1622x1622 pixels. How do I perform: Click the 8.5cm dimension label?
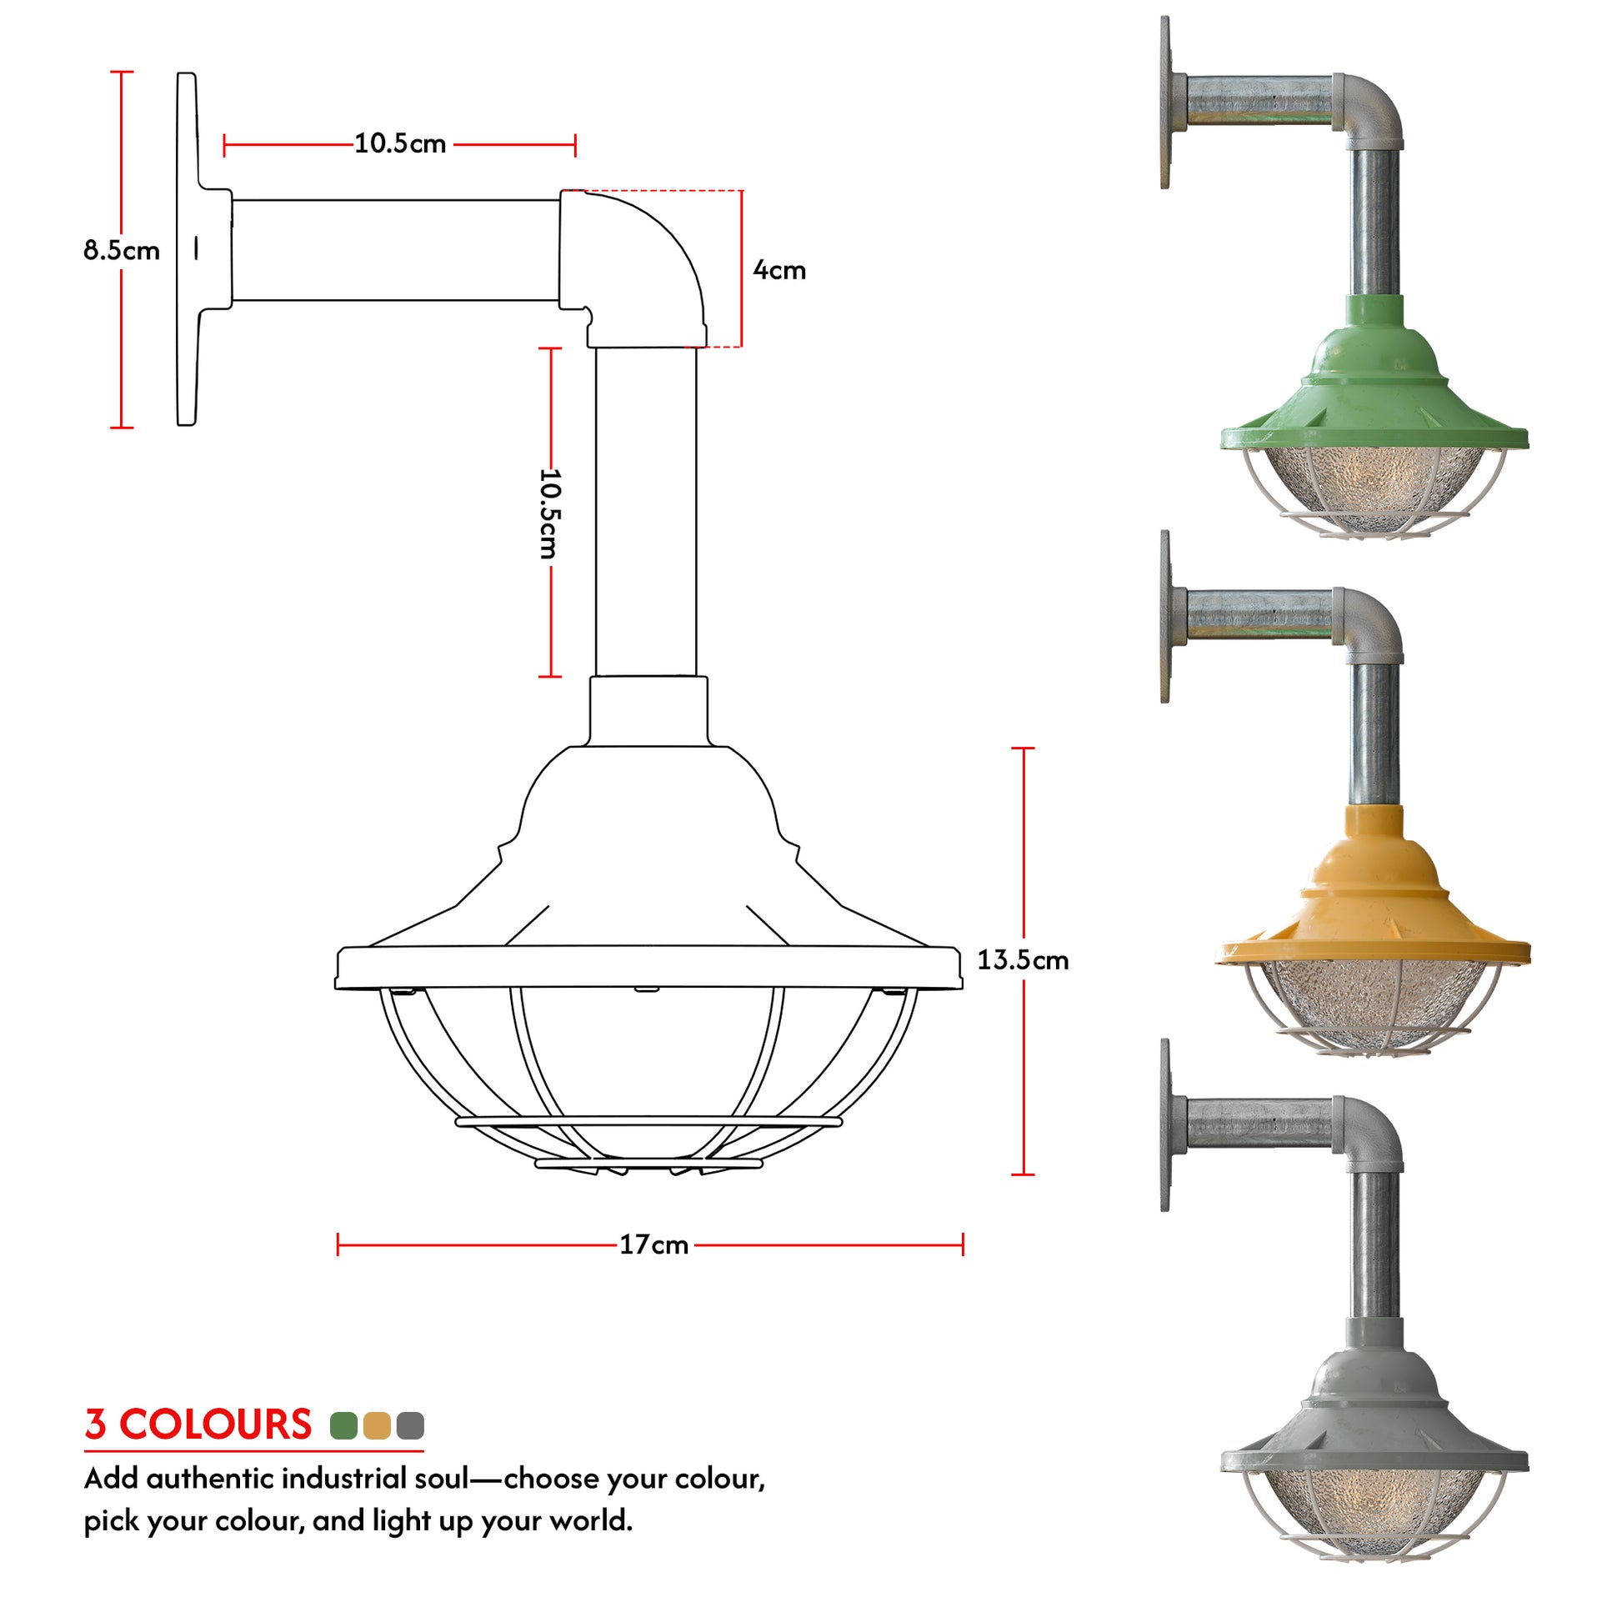(x=121, y=250)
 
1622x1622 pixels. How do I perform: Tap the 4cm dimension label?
(x=779, y=270)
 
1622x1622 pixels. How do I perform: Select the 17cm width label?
(x=653, y=1244)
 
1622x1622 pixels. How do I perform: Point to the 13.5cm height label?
(x=1022, y=959)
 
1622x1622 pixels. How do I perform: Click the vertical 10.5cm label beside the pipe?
(x=549, y=513)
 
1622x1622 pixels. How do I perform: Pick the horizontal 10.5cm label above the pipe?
(x=399, y=143)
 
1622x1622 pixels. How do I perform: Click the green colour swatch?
(x=343, y=1424)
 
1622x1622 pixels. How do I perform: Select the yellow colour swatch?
(x=377, y=1424)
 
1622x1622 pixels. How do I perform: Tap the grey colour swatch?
(x=411, y=1424)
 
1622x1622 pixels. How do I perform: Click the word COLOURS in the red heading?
(x=215, y=1424)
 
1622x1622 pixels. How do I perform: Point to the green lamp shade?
(x=1374, y=394)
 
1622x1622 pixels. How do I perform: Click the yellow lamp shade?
(x=1374, y=907)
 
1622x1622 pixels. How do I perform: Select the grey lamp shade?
(x=1374, y=1419)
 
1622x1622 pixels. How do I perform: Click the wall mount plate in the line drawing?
(x=187, y=249)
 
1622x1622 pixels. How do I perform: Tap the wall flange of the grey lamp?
(x=1165, y=1125)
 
